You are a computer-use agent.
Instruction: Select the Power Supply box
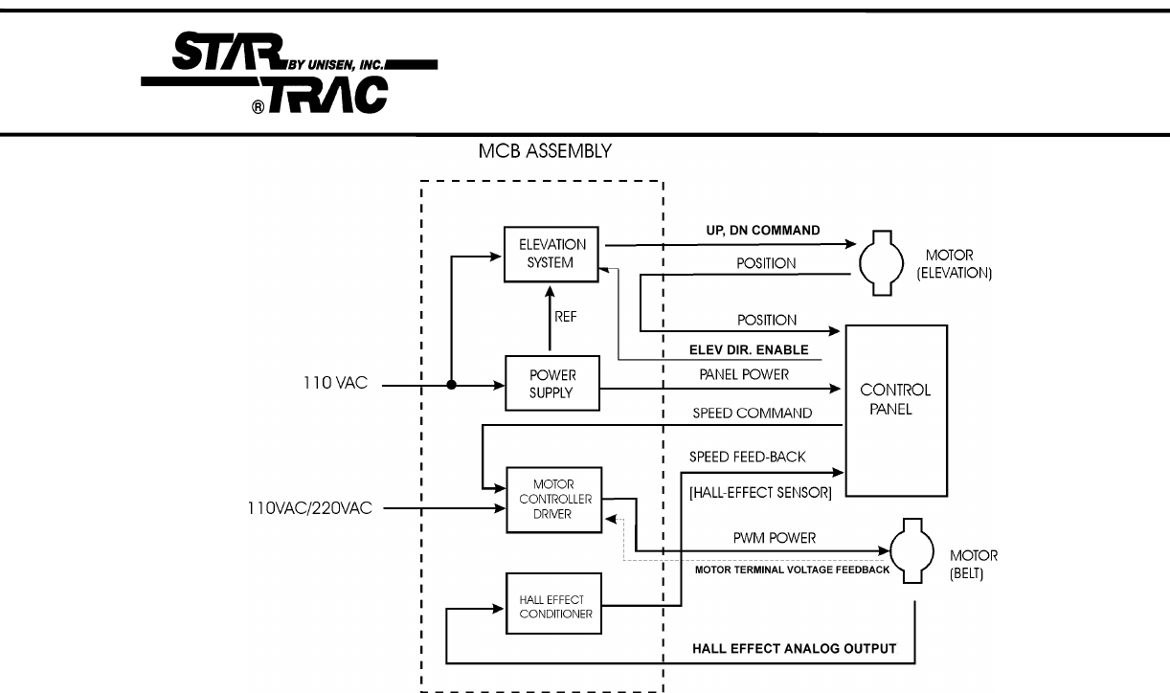(x=551, y=383)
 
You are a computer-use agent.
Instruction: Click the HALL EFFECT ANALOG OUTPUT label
(x=794, y=648)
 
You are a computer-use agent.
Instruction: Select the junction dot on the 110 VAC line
(x=452, y=386)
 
